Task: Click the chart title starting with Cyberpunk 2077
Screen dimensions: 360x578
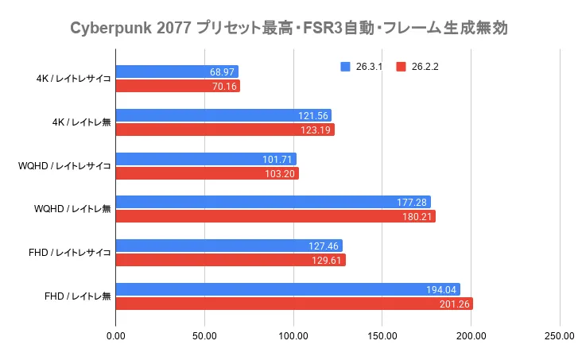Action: (x=289, y=29)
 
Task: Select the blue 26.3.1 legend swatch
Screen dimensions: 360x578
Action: (x=343, y=67)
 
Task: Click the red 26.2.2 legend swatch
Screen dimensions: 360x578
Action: (x=401, y=67)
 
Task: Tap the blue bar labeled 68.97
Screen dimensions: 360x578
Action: (x=177, y=72)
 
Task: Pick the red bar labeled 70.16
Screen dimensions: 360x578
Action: (x=177, y=86)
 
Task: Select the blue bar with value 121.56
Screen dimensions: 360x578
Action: (x=223, y=115)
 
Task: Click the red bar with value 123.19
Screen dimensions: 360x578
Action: (x=225, y=130)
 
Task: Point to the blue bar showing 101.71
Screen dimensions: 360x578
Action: (x=206, y=159)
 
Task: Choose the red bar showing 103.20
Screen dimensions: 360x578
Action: (x=207, y=173)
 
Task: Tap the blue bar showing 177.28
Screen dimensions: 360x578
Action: (x=273, y=202)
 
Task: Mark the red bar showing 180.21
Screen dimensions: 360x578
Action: (x=275, y=216)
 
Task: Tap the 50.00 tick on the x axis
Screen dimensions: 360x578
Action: (x=205, y=336)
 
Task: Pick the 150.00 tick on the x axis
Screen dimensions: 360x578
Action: (x=382, y=336)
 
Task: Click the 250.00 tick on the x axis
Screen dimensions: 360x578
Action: (x=559, y=336)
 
